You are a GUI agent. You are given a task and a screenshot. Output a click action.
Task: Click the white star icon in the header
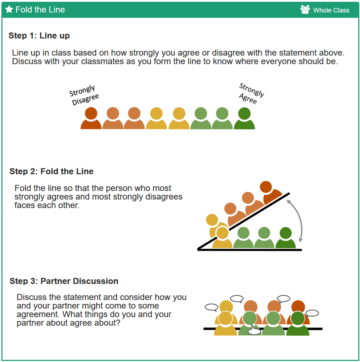[9, 9]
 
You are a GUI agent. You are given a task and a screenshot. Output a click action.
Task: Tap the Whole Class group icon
[305, 10]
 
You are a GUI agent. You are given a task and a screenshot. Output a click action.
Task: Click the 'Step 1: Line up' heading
[39, 36]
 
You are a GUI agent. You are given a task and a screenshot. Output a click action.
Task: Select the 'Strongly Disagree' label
[84, 95]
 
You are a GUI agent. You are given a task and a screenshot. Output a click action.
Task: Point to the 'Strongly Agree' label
[251, 93]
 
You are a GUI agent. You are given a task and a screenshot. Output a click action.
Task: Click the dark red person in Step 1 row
[91, 118]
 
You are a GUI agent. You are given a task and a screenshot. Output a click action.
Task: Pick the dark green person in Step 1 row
[244, 118]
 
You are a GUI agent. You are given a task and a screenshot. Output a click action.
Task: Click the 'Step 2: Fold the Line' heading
[51, 171]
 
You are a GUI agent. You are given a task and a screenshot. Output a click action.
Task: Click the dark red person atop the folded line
[270, 192]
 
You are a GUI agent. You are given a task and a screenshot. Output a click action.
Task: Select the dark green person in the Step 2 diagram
[285, 238]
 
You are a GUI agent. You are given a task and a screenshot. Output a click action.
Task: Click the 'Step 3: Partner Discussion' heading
[64, 281]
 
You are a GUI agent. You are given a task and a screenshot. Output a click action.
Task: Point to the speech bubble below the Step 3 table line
[254, 330]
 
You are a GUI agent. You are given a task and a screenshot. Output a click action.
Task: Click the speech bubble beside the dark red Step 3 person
[313, 313]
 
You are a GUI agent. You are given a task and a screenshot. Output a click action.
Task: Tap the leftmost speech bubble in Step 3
[212, 307]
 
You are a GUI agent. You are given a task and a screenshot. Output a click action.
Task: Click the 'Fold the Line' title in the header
[40, 10]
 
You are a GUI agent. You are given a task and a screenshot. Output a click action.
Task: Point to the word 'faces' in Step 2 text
[25, 205]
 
